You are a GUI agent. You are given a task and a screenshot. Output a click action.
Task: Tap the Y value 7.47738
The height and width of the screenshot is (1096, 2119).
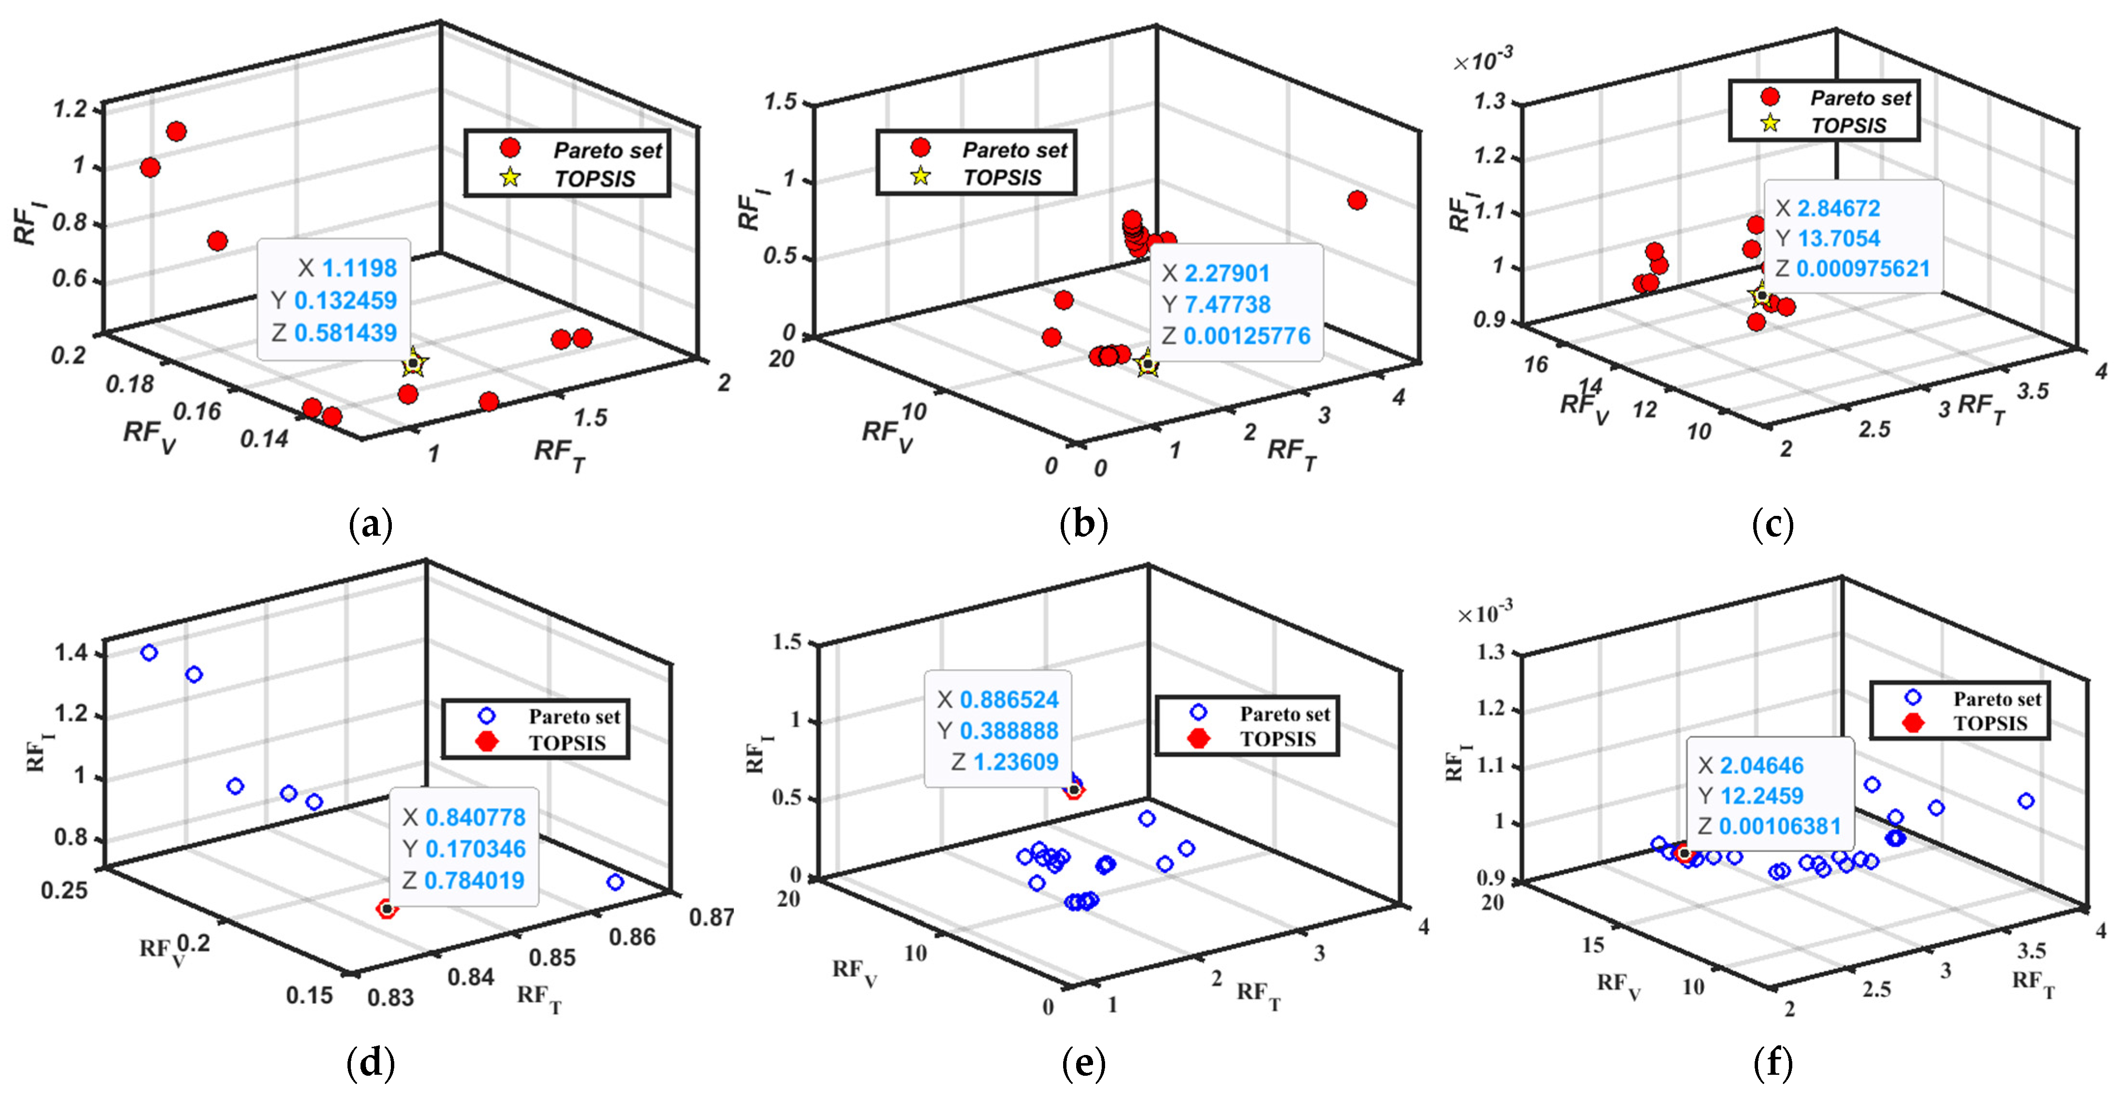click(1227, 305)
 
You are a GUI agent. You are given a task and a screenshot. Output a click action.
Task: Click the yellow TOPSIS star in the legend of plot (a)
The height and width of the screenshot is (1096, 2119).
click(510, 177)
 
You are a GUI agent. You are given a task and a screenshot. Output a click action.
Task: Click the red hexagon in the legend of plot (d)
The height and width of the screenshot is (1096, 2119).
click(488, 741)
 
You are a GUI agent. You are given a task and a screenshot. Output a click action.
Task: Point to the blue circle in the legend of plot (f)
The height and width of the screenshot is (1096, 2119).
click(1913, 698)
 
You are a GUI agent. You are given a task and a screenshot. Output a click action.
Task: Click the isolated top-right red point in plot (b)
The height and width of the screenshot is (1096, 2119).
click(1357, 200)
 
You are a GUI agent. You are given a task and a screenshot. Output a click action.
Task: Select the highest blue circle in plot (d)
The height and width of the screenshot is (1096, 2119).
click(149, 652)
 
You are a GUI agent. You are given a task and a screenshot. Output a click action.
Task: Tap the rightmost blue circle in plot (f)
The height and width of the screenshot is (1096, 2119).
click(2025, 801)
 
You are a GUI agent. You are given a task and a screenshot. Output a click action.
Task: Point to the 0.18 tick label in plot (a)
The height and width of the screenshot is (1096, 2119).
click(130, 384)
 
